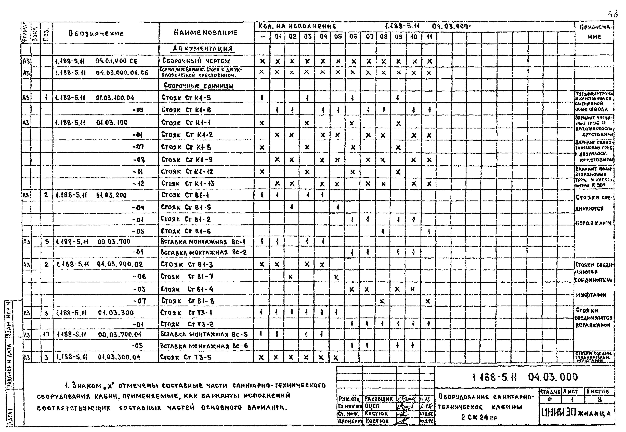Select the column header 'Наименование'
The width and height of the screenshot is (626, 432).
point(206,33)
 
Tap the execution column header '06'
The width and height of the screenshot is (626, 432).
point(353,37)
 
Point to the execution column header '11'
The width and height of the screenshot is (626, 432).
point(429,37)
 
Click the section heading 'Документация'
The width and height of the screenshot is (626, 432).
point(203,49)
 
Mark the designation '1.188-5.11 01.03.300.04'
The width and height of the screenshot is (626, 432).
point(98,357)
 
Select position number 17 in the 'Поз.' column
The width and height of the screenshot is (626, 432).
point(46,335)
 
